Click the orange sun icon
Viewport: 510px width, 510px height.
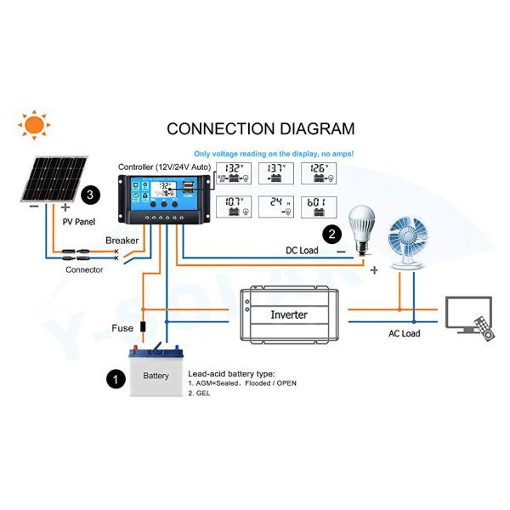point(35,126)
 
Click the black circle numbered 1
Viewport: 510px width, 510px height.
point(112,378)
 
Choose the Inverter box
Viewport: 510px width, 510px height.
point(289,314)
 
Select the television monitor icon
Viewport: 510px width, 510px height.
point(468,312)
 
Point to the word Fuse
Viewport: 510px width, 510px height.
point(122,328)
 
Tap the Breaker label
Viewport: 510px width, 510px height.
point(122,241)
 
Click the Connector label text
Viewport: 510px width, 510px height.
point(84,270)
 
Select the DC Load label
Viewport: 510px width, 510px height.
point(302,251)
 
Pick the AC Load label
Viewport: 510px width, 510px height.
point(405,334)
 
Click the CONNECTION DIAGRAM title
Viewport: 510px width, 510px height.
point(260,129)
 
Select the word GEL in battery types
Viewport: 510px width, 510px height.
point(201,394)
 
